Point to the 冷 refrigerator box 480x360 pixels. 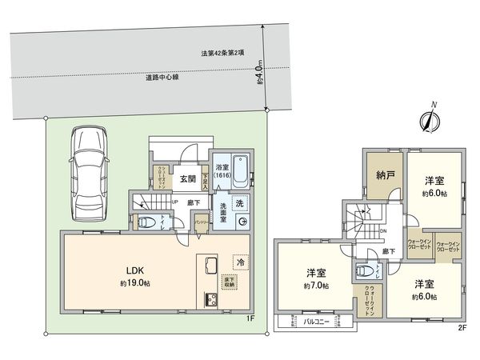click(x=239, y=260)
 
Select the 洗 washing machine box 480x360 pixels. click(x=239, y=203)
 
